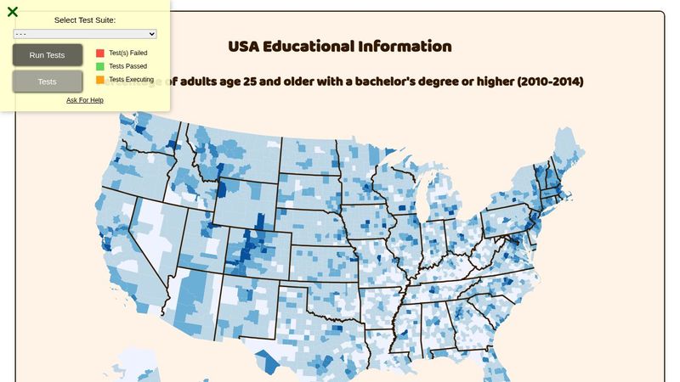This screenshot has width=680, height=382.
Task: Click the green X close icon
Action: (x=13, y=12)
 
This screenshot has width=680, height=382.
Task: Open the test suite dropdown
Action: (x=85, y=34)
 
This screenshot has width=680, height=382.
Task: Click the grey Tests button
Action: (x=48, y=81)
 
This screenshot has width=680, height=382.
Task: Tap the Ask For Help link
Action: (x=85, y=100)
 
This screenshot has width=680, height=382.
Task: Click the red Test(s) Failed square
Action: (x=100, y=53)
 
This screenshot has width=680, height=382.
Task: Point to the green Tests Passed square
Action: (x=100, y=66)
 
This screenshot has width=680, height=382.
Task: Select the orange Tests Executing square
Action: (x=100, y=80)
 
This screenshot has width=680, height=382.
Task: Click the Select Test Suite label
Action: (x=85, y=20)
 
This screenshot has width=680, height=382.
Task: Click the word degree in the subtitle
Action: (x=446, y=81)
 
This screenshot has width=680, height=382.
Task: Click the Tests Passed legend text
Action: (x=127, y=66)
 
